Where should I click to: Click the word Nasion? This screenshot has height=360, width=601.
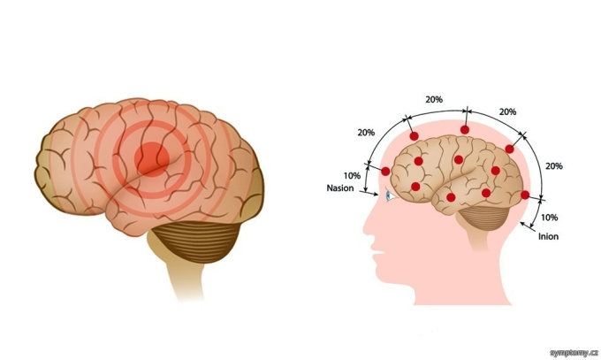click(x=340, y=188)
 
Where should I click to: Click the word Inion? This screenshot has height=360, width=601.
click(x=548, y=236)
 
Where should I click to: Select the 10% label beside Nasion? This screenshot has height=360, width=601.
click(x=352, y=176)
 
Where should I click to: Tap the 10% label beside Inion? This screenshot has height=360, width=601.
click(x=549, y=218)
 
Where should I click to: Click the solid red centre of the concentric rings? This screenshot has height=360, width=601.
click(x=152, y=159)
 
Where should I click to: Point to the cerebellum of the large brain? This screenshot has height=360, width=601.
click(x=196, y=241)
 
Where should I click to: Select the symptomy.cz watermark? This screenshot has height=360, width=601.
click(x=574, y=353)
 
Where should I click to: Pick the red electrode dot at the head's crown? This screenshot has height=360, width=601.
click(x=465, y=130)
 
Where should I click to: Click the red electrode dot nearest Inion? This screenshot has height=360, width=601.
click(x=525, y=195)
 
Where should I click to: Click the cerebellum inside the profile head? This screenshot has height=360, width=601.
click(x=483, y=218)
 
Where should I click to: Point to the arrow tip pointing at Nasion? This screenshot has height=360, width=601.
click(x=377, y=195)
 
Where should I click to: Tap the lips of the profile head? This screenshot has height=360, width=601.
click(x=377, y=252)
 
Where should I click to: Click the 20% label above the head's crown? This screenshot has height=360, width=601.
click(x=434, y=99)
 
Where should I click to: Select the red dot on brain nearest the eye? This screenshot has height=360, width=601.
click(x=415, y=187)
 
